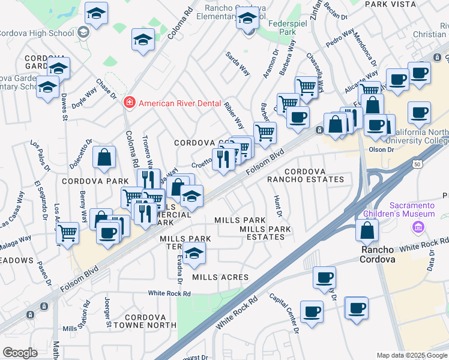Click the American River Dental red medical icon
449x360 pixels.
pyautogui.click(x=128, y=103)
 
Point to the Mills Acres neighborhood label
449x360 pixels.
pyautogui.click(x=220, y=277)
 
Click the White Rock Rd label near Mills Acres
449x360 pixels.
pyautogui.click(x=170, y=294)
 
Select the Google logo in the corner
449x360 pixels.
pyautogui.click(x=20, y=352)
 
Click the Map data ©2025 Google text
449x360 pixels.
pyautogui.click(x=411, y=355)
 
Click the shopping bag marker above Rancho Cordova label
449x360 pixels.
pyautogui.click(x=367, y=229)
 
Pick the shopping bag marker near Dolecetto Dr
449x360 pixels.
pyautogui.click(x=104, y=157)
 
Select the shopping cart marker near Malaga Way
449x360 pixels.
pyautogui.click(x=68, y=232)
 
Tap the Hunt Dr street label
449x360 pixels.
pyautogui.click(x=277, y=205)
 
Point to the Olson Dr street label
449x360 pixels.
pyautogui.click(x=381, y=150)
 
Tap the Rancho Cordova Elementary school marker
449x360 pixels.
pyautogui.click(x=247, y=20)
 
